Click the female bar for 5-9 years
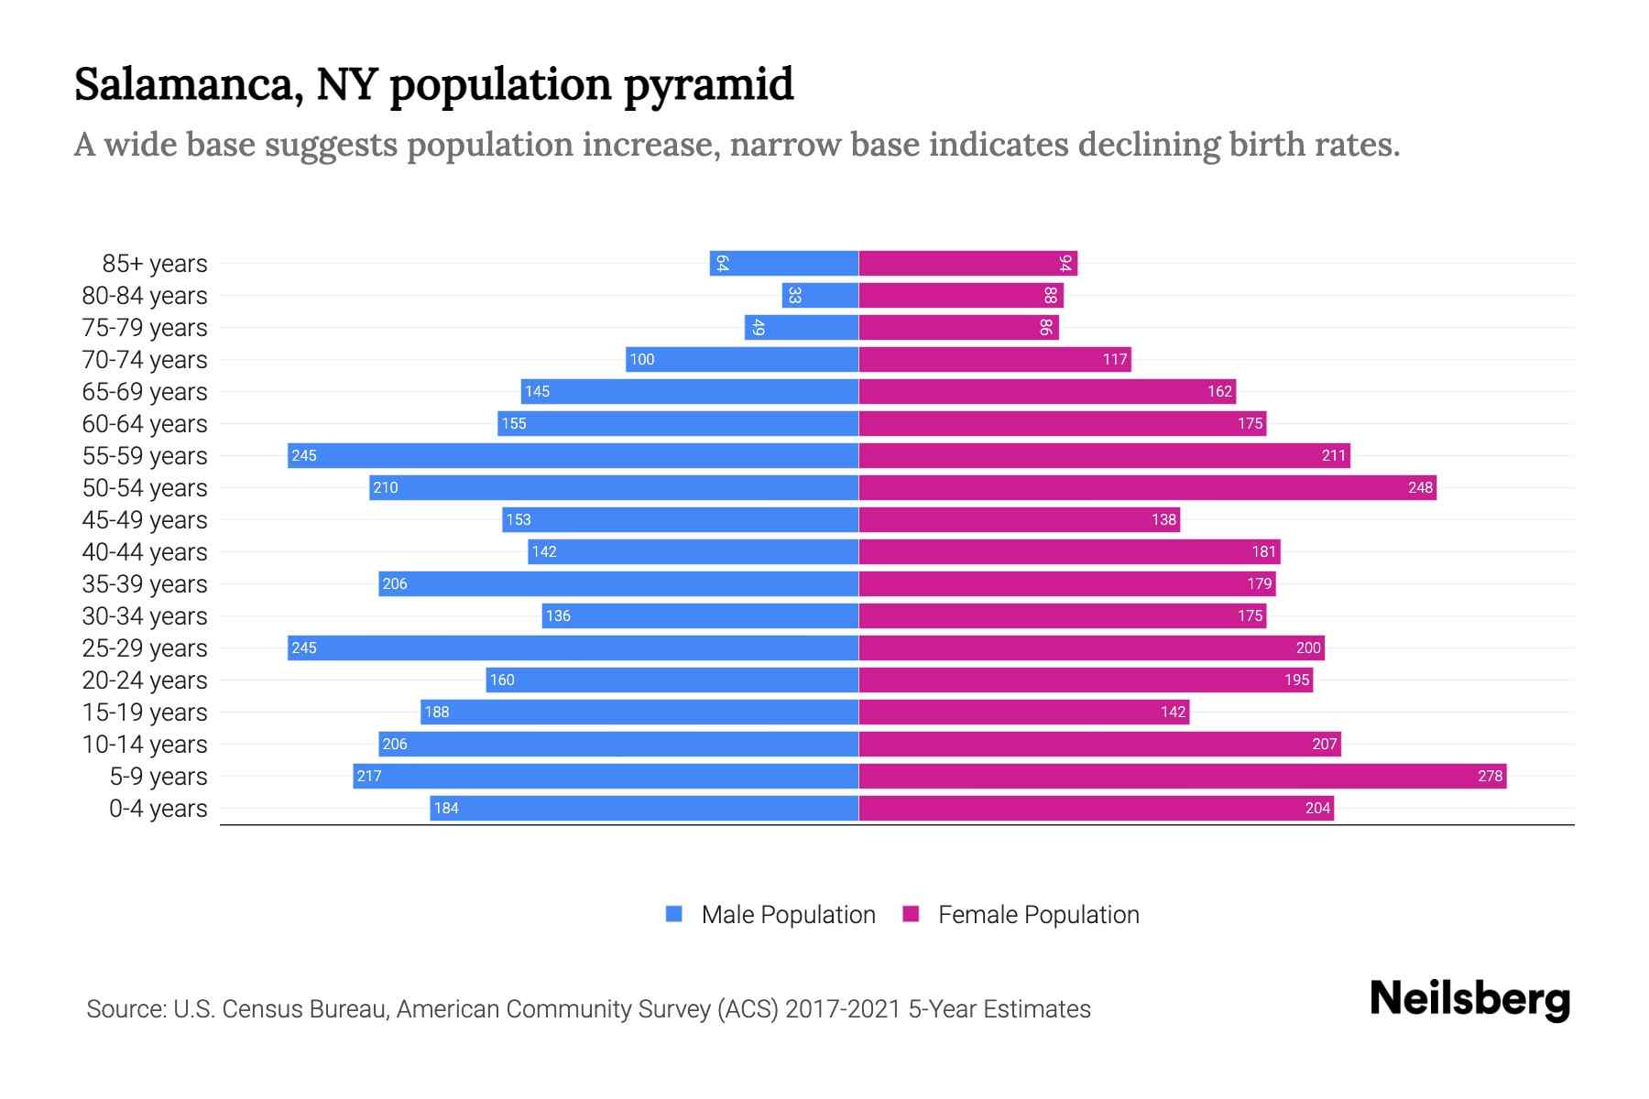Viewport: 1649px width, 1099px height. click(1182, 777)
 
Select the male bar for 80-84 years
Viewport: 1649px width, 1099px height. click(820, 296)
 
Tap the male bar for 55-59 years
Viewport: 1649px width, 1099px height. click(573, 456)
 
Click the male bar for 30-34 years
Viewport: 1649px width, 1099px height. click(700, 616)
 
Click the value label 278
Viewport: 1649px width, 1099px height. click(1490, 777)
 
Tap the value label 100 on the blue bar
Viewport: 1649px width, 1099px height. click(642, 360)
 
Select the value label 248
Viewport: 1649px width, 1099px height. click(1420, 488)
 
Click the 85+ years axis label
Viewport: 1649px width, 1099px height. click(155, 264)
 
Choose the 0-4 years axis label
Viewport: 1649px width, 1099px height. click(158, 809)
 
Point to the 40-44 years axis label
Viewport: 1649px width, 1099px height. click(145, 552)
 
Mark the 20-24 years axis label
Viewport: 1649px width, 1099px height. click(145, 680)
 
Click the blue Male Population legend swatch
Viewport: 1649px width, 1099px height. click(674, 914)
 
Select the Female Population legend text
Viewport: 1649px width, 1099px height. click(1038, 915)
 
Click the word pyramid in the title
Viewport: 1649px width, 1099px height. click(708, 84)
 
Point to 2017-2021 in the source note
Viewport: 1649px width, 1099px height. click(843, 1009)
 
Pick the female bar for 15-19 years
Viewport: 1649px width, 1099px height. click(1023, 713)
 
